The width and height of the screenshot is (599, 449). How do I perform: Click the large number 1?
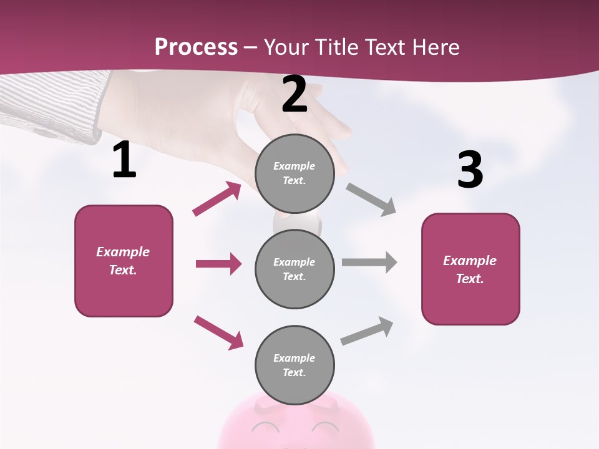tap(124, 160)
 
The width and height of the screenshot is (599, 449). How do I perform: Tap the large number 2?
tap(295, 94)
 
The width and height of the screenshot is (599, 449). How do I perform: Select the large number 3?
tap(470, 170)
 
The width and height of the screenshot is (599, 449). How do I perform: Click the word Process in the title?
tap(196, 47)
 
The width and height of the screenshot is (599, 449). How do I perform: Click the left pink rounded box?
tap(124, 261)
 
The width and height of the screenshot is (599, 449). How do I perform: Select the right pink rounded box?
tap(470, 269)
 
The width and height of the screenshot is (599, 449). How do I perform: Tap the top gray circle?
tap(295, 173)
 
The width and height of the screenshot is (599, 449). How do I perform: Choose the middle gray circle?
tap(295, 269)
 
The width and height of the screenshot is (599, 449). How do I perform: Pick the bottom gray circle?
tap(295, 365)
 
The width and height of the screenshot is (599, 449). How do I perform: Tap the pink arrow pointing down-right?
tap(218, 332)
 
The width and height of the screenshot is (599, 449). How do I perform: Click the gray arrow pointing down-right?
tap(371, 200)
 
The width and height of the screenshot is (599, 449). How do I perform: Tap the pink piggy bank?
tap(296, 424)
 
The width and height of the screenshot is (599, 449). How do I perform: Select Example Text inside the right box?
tap(470, 269)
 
